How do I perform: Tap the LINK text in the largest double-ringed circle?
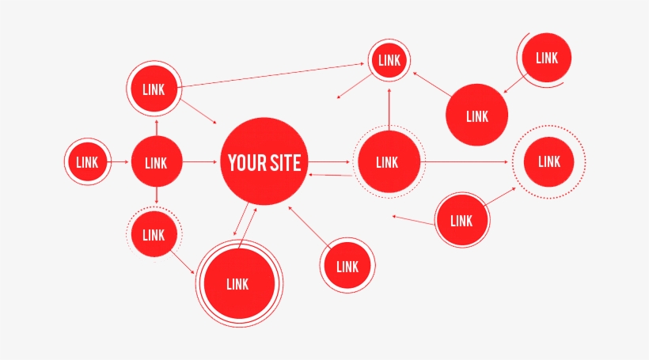click(x=237, y=284)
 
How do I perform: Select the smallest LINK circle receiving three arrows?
click(x=389, y=60)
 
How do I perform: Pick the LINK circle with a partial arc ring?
click(x=546, y=58)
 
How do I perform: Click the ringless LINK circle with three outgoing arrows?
click(x=156, y=163)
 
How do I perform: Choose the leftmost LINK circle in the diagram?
click(x=87, y=162)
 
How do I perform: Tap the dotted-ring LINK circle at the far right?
click(x=549, y=161)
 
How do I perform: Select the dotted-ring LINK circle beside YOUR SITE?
click(x=387, y=162)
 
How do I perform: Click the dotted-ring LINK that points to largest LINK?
click(x=154, y=234)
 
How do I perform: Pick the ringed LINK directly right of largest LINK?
click(x=347, y=267)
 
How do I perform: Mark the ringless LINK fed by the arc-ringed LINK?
click(x=477, y=116)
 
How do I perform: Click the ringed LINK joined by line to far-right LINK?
click(x=461, y=221)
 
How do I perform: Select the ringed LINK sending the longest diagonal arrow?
click(x=154, y=89)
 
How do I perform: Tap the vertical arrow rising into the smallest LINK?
click(x=389, y=107)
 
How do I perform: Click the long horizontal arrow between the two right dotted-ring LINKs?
click(x=467, y=163)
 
